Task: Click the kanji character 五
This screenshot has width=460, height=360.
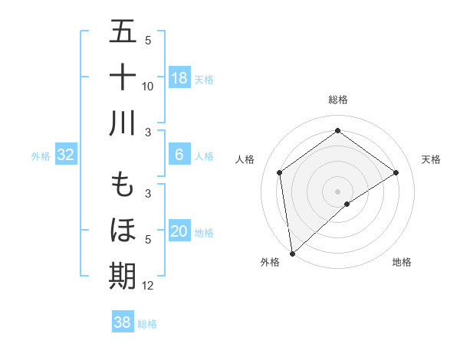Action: coord(123,32)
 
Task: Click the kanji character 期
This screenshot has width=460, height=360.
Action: coord(123,275)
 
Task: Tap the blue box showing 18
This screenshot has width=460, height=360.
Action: coord(179,78)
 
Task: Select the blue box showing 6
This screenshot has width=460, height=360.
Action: coord(179,155)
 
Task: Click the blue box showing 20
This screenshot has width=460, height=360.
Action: coord(179,231)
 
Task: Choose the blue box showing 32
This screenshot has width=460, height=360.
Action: coord(65,155)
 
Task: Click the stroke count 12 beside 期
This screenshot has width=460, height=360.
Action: coord(148,286)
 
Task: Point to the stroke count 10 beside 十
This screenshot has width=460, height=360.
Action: coord(148,86)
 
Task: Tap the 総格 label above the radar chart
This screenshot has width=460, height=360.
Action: coord(337,100)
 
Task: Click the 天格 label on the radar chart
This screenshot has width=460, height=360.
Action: coord(432,159)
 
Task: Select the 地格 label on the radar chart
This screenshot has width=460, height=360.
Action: coord(402,262)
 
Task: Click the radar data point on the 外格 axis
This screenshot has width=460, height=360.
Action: coord(292,253)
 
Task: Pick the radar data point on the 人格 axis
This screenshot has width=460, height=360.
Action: coord(280,172)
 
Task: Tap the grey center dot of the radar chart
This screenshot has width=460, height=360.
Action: coord(337,190)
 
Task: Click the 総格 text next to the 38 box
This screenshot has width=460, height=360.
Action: coord(147,324)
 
